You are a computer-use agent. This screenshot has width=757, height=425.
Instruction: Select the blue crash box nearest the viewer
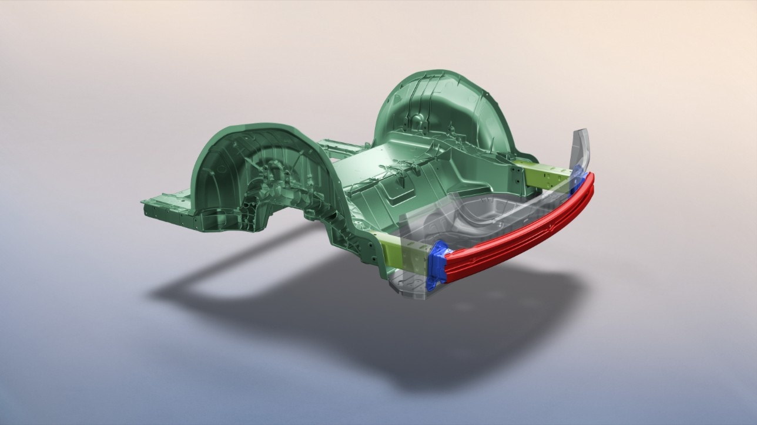tap(438, 265)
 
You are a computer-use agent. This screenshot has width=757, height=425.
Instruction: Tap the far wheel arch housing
tap(441, 117)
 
